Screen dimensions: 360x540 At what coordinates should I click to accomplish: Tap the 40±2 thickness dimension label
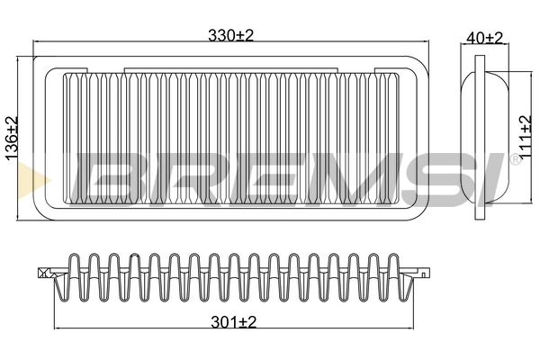(x=485, y=38)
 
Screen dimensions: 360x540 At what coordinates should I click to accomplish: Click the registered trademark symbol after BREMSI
(x=515, y=159)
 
